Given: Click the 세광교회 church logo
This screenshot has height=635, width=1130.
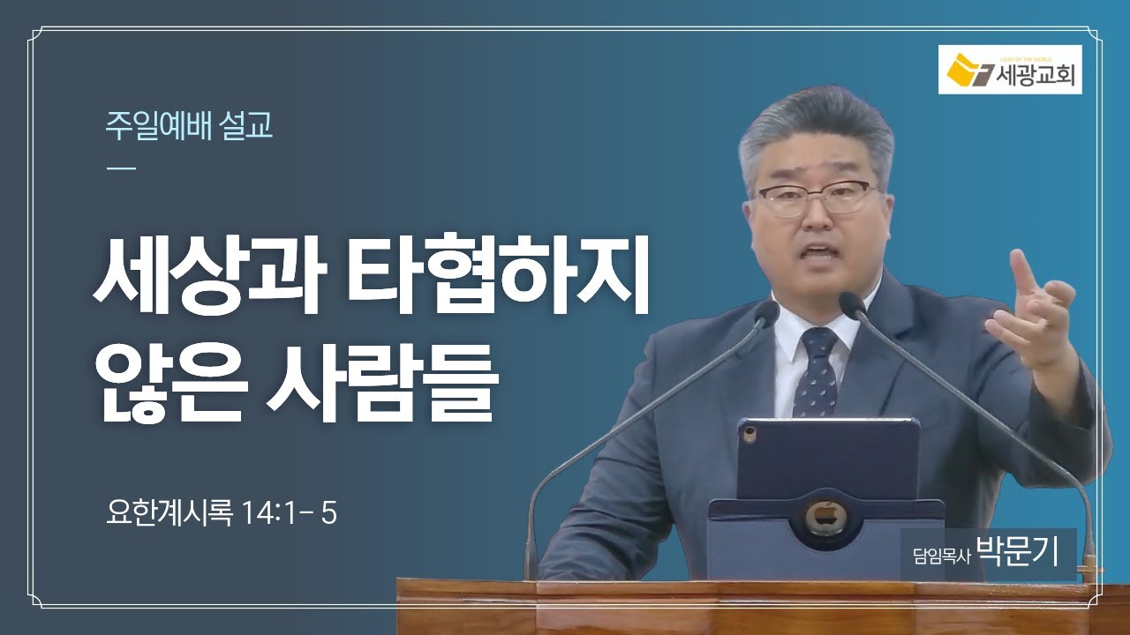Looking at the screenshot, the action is click(1010, 70).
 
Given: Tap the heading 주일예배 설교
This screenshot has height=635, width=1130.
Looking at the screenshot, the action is click(189, 125).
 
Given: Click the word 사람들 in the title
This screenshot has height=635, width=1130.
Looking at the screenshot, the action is click(380, 383).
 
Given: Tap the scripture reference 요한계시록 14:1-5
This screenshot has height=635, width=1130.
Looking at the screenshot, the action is click(222, 513).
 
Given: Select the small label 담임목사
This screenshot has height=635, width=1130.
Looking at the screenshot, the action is click(942, 557).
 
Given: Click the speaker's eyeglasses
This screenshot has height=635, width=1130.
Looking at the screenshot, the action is click(817, 197).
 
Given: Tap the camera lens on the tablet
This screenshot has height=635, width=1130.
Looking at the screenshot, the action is click(750, 435).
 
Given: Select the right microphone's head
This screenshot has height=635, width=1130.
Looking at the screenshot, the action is click(851, 304).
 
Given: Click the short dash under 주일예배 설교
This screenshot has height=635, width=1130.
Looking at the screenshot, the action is click(121, 168).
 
